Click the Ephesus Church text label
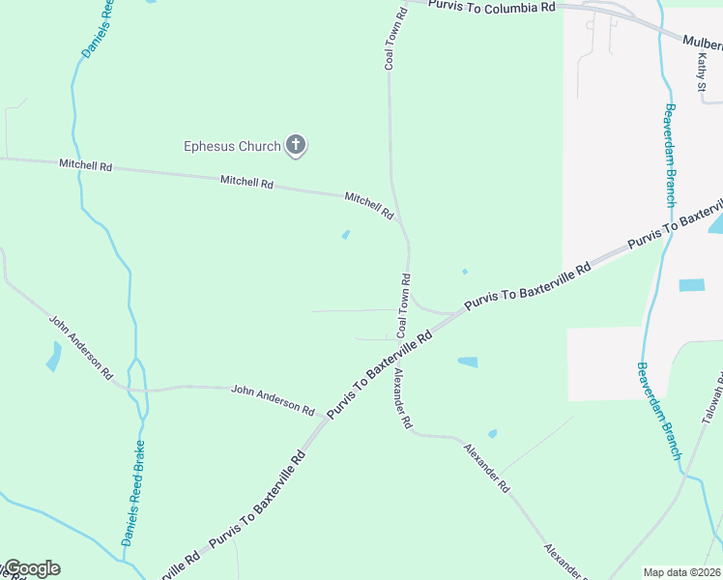tap(232, 147)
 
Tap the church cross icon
tap(296, 146)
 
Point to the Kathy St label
tap(703, 73)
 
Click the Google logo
tap(32, 568)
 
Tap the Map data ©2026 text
tap(681, 572)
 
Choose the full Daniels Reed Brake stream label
tap(133, 494)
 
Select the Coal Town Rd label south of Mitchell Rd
tap(404, 305)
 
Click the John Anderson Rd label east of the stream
tap(273, 399)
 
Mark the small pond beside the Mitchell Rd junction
tap(346, 234)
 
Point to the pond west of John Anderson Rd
tap(52, 357)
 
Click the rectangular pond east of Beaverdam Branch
tap(692, 285)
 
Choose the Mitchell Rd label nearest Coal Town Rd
tap(369, 204)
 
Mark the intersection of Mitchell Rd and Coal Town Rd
tap(399, 221)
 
